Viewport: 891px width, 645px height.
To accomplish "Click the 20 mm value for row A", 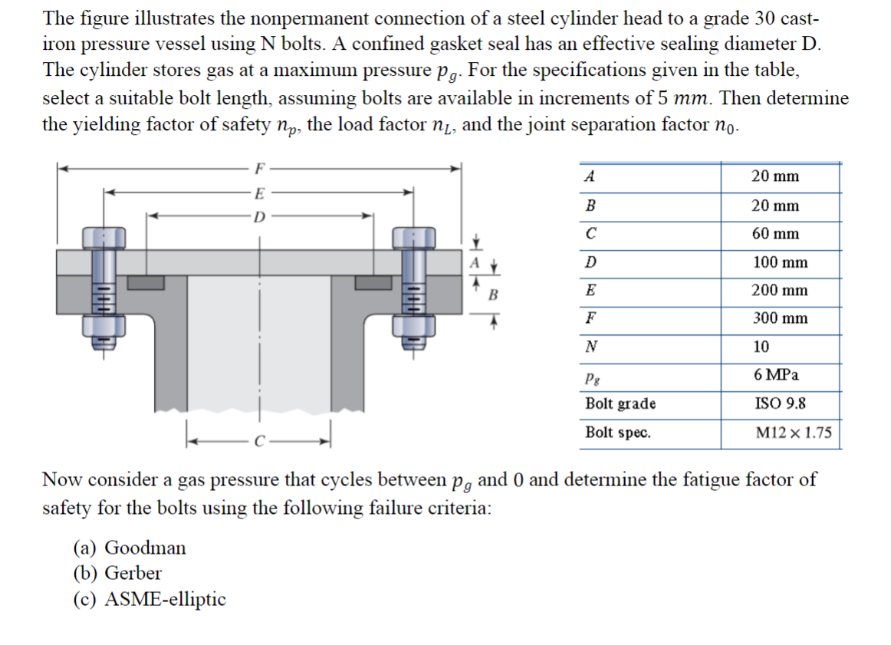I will (x=775, y=176).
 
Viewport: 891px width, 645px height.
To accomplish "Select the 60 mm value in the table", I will (x=775, y=234).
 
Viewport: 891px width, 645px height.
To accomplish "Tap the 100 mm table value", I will (x=780, y=262).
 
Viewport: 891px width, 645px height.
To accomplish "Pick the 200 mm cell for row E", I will (x=780, y=291).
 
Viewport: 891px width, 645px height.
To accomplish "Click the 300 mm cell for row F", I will (x=780, y=318).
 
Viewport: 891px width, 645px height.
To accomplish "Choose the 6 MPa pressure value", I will (x=776, y=375).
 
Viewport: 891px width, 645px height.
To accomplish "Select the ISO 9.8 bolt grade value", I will (x=779, y=403).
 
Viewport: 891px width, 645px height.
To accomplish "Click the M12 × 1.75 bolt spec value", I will (x=793, y=433).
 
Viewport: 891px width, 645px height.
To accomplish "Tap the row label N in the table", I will (x=590, y=347).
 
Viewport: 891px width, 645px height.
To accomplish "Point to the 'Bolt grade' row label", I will (x=620, y=403).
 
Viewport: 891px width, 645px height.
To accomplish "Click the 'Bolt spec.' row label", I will (x=618, y=433).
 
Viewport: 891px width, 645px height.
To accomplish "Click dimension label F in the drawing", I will (x=260, y=166).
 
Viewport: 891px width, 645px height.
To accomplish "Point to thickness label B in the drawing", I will (x=494, y=294).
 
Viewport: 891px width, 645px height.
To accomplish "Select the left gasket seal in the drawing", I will (x=146, y=282).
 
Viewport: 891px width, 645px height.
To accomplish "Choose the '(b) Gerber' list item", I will (x=117, y=573).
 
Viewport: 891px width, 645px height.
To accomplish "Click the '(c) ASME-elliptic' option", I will (x=150, y=599).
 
